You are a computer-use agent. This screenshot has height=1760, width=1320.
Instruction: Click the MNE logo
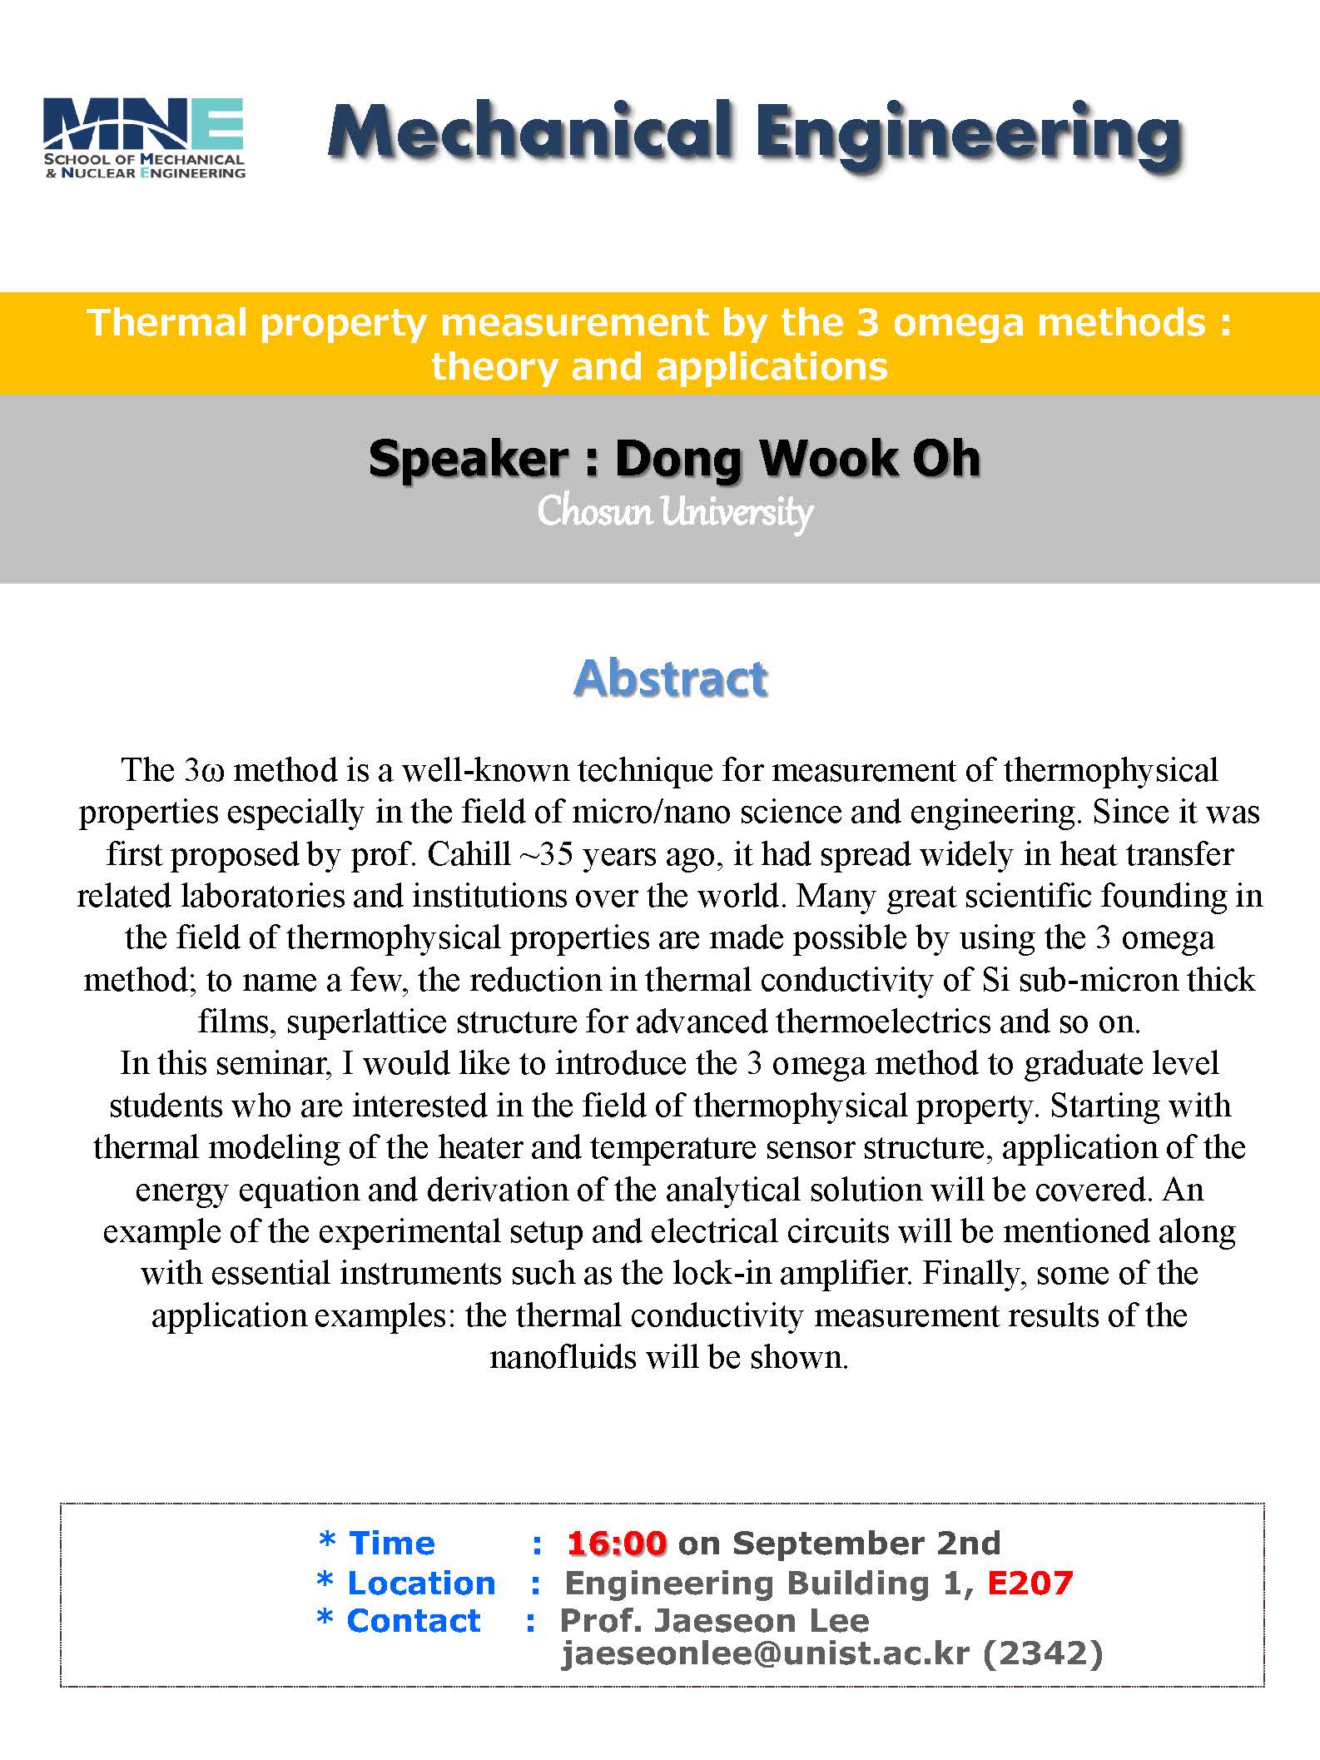click(144, 138)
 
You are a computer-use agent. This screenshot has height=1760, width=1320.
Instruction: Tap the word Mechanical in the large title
click(530, 132)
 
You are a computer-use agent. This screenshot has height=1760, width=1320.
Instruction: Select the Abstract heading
click(671, 678)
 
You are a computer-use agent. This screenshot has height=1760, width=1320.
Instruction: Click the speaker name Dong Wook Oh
click(797, 459)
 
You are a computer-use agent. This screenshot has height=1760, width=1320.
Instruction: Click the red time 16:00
click(617, 1544)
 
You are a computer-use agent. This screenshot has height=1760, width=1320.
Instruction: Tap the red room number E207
click(1030, 1583)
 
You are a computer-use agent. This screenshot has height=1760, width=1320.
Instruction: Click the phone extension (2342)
click(1043, 1653)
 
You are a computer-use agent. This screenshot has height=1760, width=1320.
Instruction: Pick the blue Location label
click(421, 1583)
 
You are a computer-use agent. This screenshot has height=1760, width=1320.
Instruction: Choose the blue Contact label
click(414, 1621)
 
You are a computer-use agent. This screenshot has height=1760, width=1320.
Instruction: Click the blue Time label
click(391, 1544)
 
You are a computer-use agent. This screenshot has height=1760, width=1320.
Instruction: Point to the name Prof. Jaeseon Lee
click(714, 1621)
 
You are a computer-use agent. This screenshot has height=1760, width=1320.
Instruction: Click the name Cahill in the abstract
click(469, 854)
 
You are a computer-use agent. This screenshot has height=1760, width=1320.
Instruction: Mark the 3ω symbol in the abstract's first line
click(204, 771)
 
